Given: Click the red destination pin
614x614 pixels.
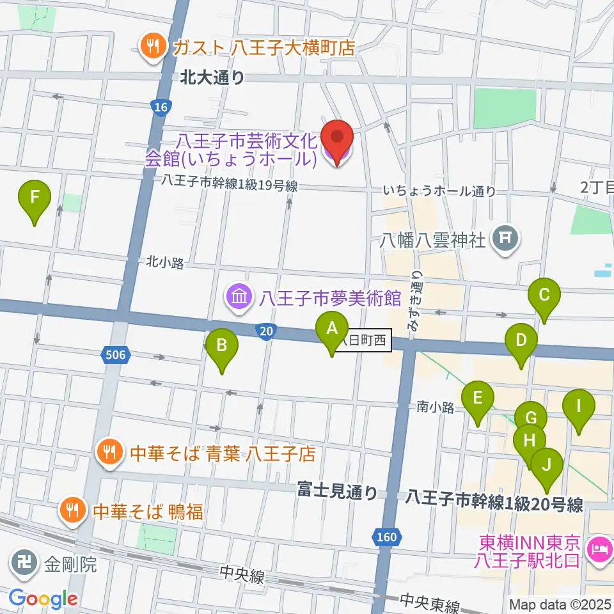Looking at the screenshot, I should (336, 139).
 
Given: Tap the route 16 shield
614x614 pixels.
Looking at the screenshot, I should (161, 107).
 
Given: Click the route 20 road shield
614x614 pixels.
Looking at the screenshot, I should (265, 330).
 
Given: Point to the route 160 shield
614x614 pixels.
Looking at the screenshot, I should (388, 535).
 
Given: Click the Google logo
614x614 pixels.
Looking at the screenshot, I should (43, 599).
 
